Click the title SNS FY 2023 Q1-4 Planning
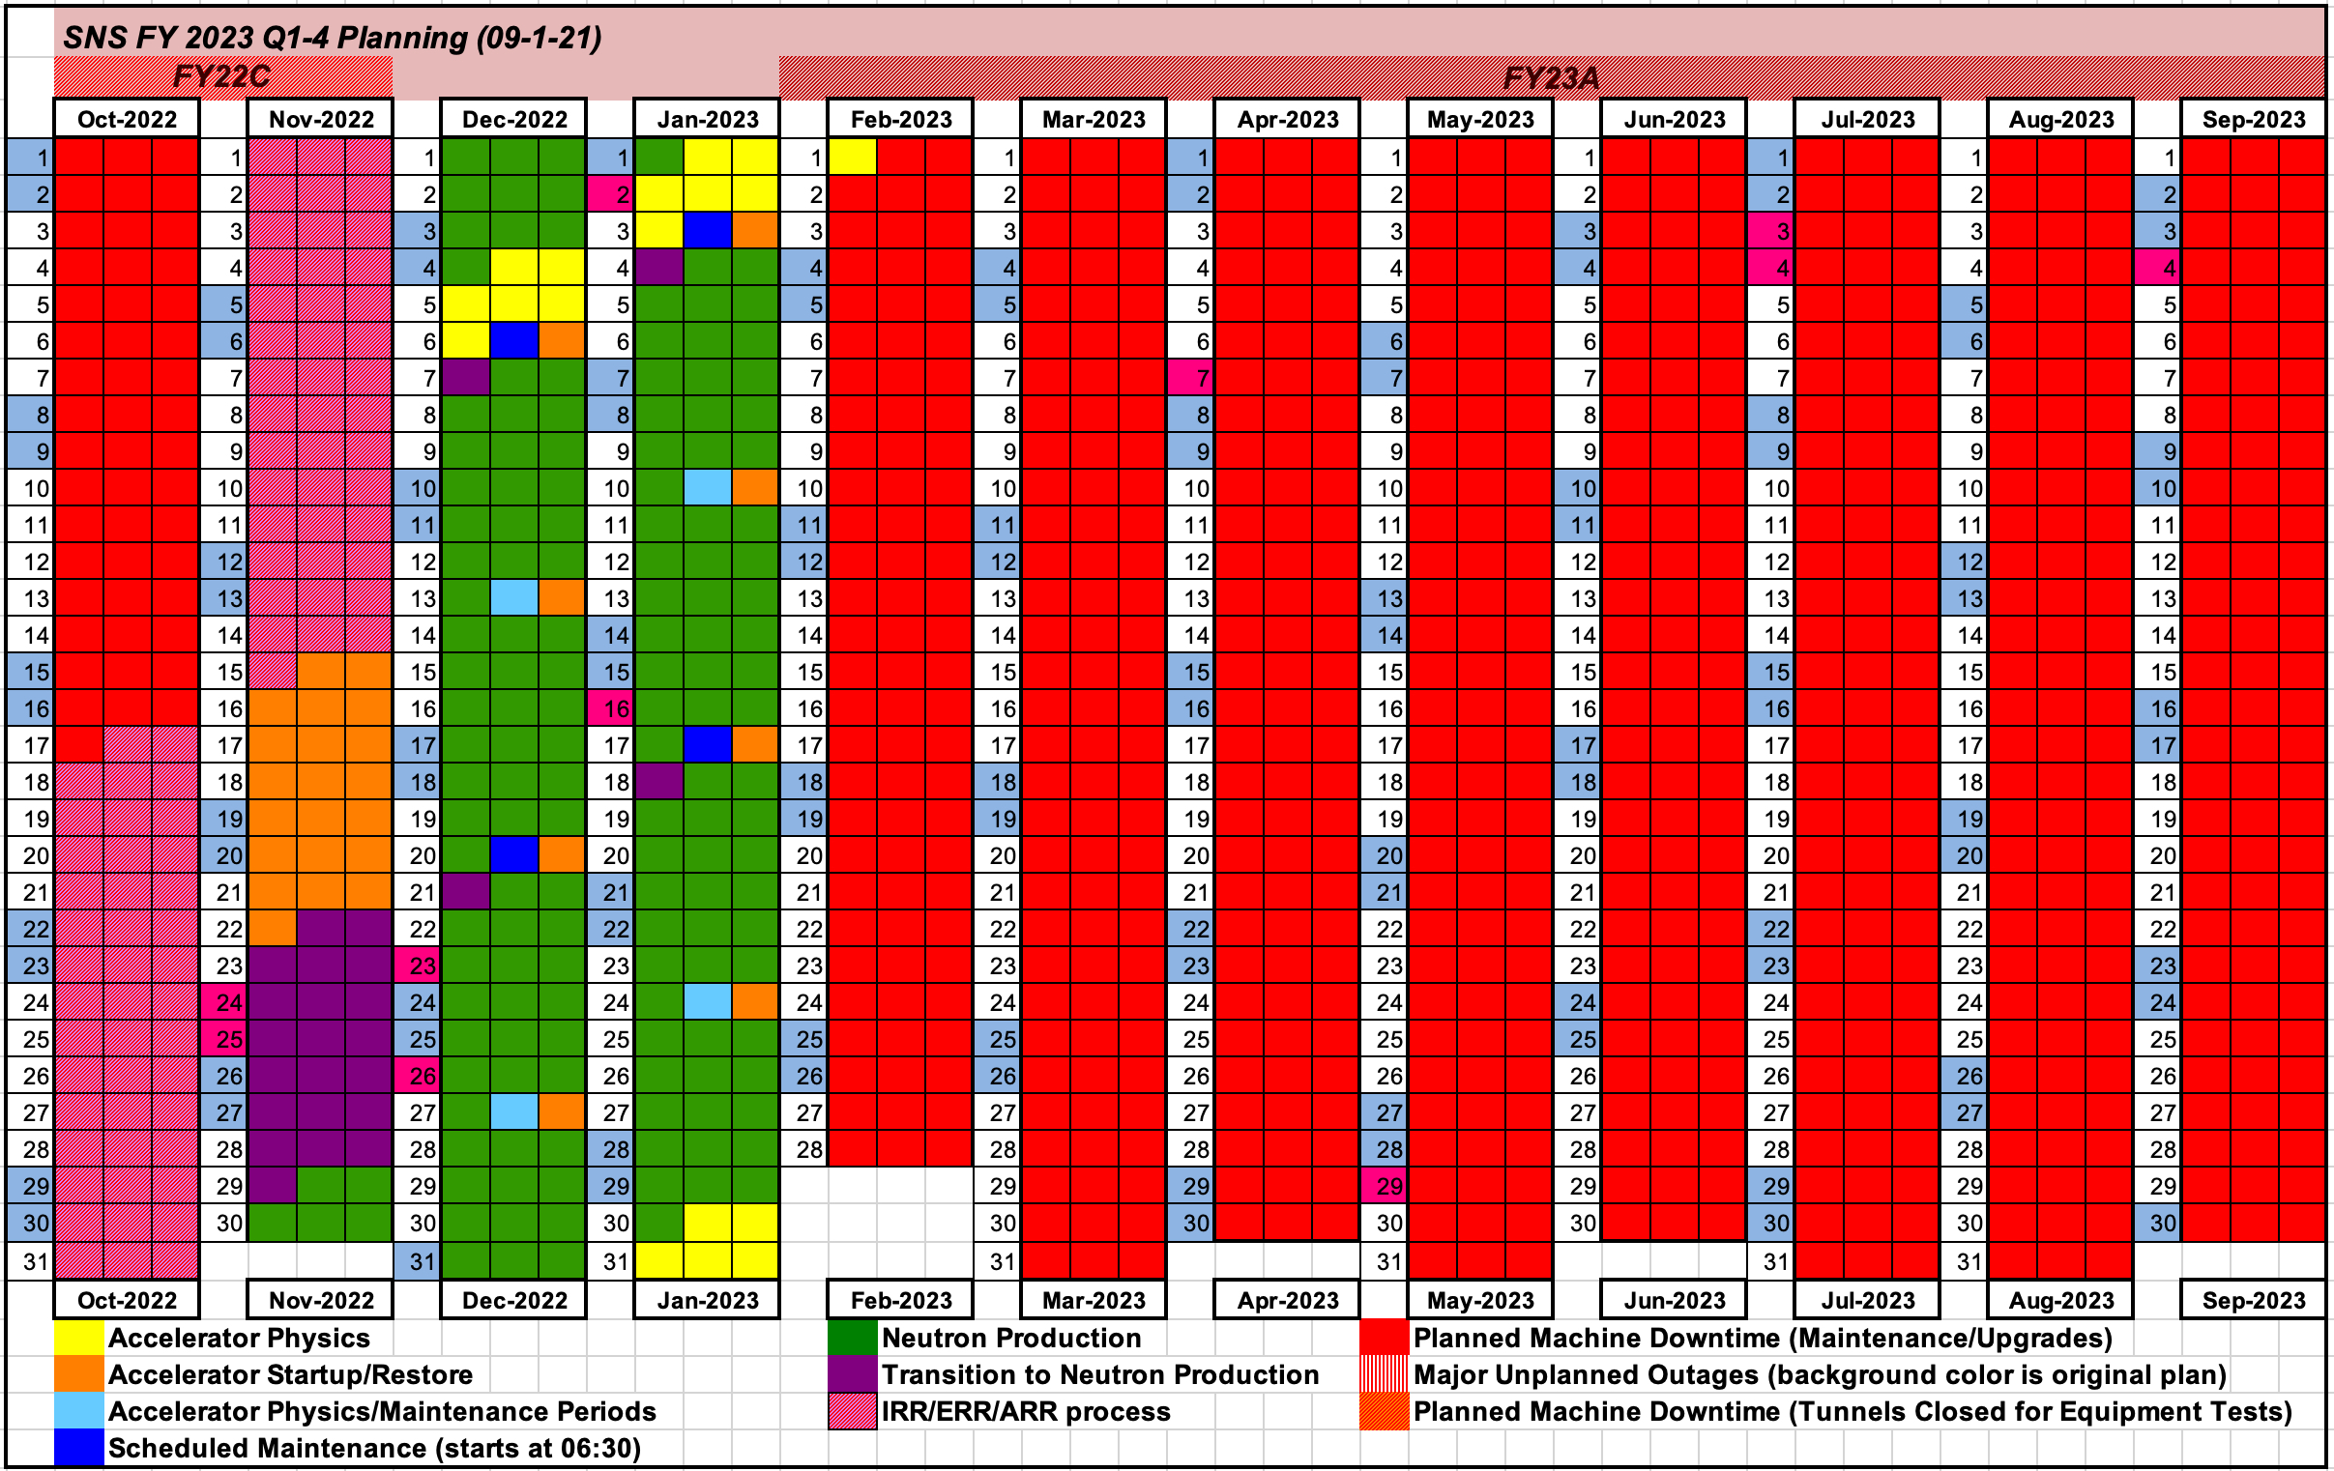pyautogui.click(x=332, y=37)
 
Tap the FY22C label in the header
pyautogui.click(x=221, y=76)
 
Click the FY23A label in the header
pyautogui.click(x=1551, y=77)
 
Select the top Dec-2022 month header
pyautogui.click(x=513, y=119)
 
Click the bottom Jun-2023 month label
pyautogui.click(x=1674, y=1300)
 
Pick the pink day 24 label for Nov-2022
pyautogui.click(x=224, y=1002)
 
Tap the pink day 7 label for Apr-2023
pyautogui.click(x=1192, y=378)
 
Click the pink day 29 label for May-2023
pyautogui.click(x=1385, y=1186)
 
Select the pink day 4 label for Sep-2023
pyautogui.click(x=2159, y=268)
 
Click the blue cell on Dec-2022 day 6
pyautogui.click(x=513, y=341)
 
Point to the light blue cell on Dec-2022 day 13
pyautogui.click(x=513, y=598)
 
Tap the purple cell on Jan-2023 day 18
pyautogui.click(x=659, y=782)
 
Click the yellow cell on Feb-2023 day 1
pyautogui.click(x=852, y=157)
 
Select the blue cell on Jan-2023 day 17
pyautogui.click(x=707, y=745)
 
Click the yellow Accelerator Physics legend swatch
pyautogui.click(x=78, y=1338)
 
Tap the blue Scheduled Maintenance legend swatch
pyautogui.click(x=78, y=1448)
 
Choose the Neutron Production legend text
pyautogui.click(x=1011, y=1338)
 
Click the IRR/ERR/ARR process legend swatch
pyautogui.click(x=852, y=1411)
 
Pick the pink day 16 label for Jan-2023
pyautogui.click(x=611, y=708)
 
